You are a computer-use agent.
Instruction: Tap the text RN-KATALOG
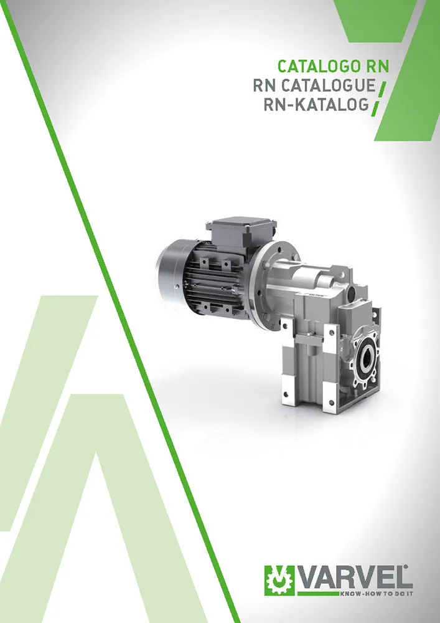[x=316, y=105]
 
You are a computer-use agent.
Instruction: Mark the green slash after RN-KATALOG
[x=375, y=108]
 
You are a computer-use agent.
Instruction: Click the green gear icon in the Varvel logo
[x=279, y=581]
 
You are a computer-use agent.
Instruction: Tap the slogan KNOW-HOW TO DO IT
[x=376, y=594]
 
